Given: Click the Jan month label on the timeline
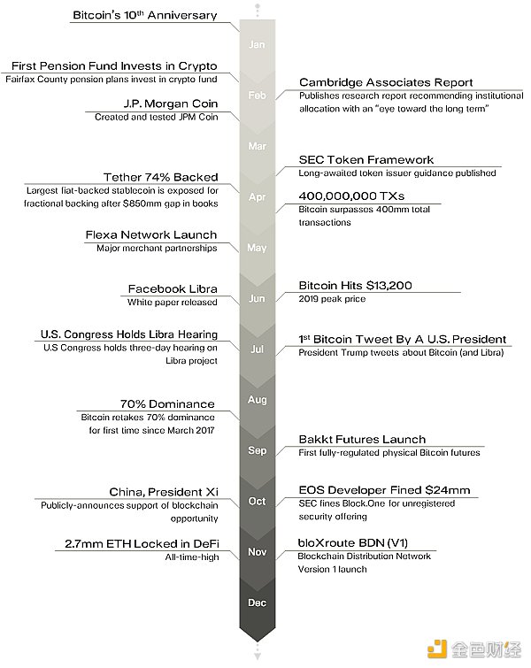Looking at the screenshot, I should [257, 44].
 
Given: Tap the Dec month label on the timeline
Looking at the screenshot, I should [257, 603].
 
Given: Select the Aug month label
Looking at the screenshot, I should [257, 400].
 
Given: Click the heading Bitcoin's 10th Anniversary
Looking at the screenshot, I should [144, 15].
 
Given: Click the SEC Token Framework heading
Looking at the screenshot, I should [366, 159].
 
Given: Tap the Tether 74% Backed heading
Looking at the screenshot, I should [161, 177].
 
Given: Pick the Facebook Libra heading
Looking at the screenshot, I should [173, 288].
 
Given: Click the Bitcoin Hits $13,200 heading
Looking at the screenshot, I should [367, 285].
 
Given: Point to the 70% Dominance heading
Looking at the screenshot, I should [168, 403].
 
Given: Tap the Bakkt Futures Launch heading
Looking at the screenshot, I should [362, 439].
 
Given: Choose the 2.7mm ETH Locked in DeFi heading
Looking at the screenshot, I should [142, 543].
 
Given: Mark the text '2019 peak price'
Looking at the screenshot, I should [332, 299].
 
